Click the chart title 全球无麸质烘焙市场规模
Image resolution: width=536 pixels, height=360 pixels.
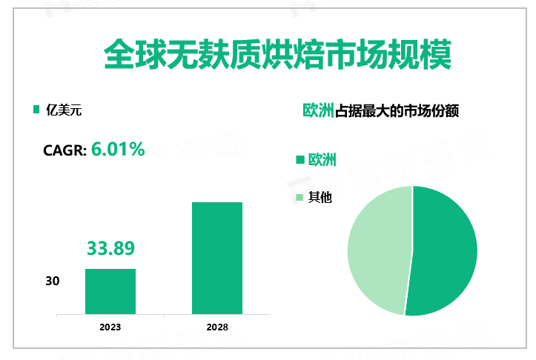click(x=268, y=56)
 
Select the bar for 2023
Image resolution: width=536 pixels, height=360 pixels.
click(x=110, y=291)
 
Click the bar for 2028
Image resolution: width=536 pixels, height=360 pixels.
click(x=217, y=258)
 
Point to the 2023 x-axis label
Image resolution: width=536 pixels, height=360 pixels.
click(x=110, y=327)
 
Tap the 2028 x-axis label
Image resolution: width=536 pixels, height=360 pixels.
click(x=217, y=327)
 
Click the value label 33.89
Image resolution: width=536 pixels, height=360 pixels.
click(x=110, y=248)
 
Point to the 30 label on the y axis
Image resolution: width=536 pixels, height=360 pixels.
click(x=52, y=281)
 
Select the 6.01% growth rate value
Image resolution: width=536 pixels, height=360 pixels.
click(x=118, y=149)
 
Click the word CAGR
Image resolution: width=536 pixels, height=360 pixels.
click(x=65, y=150)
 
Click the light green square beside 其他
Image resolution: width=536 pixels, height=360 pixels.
click(x=300, y=197)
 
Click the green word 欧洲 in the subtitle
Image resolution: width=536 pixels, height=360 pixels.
click(x=319, y=111)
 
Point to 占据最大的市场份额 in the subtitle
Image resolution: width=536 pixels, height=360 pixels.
click(x=397, y=111)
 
